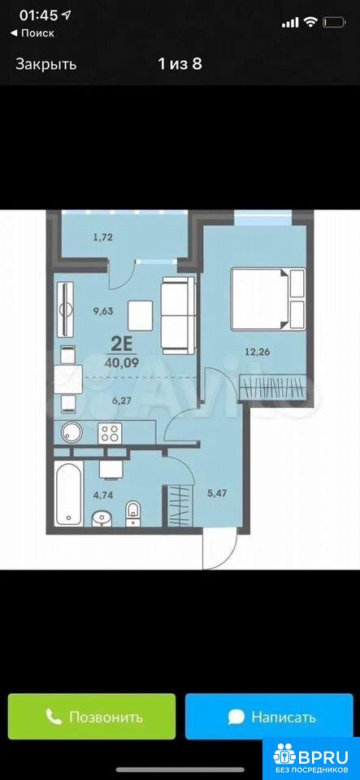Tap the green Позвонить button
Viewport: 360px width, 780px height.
click(x=92, y=717)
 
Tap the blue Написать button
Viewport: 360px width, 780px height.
click(x=271, y=717)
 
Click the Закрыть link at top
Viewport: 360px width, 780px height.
click(x=46, y=64)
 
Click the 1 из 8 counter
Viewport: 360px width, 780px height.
click(x=180, y=64)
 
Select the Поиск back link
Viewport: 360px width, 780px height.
click(x=33, y=33)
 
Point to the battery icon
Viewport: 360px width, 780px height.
click(x=334, y=22)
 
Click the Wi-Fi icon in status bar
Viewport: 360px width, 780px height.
click(x=310, y=22)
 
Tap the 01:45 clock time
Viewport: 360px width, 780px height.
click(x=38, y=15)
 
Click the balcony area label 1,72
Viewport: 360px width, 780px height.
click(x=102, y=237)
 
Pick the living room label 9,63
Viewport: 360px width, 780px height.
click(x=103, y=311)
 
